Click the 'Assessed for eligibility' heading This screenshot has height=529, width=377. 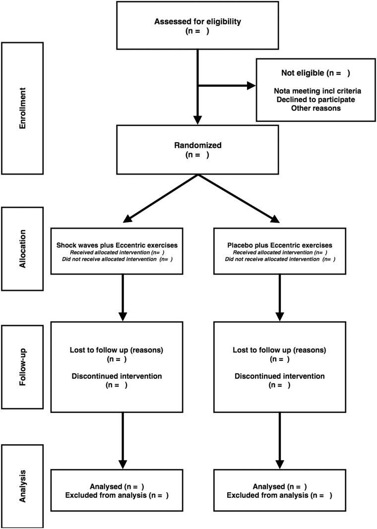pyautogui.click(x=198, y=22)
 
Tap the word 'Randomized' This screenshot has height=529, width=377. pyautogui.click(x=198, y=145)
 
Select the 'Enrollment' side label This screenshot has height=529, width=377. pyautogui.click(x=23, y=108)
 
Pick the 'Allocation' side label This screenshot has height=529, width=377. pyautogui.click(x=23, y=249)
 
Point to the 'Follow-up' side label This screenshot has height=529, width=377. pyautogui.click(x=23, y=367)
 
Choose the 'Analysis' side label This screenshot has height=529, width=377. pyautogui.click(x=23, y=486)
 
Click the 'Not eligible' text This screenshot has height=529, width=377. pyautogui.click(x=303, y=73)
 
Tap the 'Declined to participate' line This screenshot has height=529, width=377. pyautogui.click(x=316, y=100)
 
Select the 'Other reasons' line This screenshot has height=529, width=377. pyautogui.click(x=316, y=108)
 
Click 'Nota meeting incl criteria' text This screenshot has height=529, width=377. pyautogui.click(x=317, y=91)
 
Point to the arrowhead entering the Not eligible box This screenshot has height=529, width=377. pyautogui.click(x=251, y=86)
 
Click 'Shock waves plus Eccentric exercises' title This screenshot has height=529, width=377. pyautogui.click(x=117, y=245)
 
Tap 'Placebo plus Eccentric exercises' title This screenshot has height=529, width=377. pyautogui.click(x=280, y=245)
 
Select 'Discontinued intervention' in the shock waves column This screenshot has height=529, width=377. pyautogui.click(x=117, y=376)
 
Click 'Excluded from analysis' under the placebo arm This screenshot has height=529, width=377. pyautogui.click(x=267, y=495)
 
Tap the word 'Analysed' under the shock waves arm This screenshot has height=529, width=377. pyautogui.click(x=106, y=486)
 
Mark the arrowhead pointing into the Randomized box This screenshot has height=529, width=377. pyautogui.click(x=197, y=120)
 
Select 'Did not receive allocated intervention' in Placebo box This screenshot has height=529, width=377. pyautogui.click(x=272, y=259)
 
